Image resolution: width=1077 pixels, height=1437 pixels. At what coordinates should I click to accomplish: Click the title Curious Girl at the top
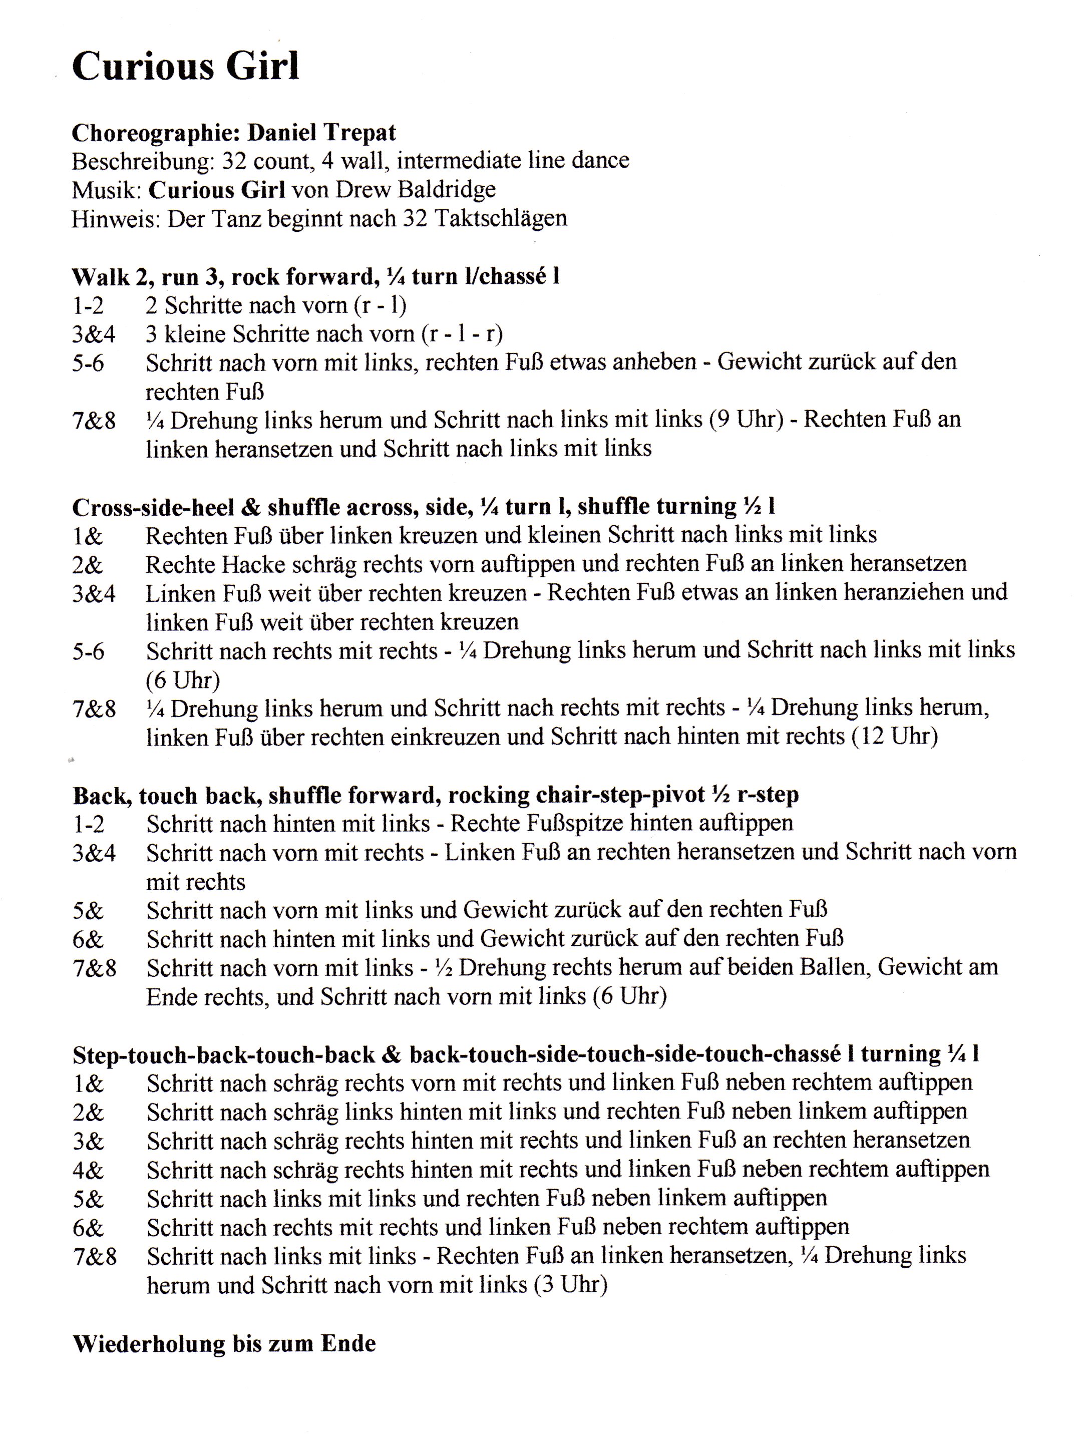click(x=186, y=66)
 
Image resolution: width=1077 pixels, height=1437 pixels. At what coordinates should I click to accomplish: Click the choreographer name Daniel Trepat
click(x=321, y=133)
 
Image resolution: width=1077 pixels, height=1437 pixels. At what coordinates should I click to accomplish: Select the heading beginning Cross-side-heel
click(x=423, y=506)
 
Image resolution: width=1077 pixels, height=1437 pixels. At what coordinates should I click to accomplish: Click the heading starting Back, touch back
click(x=435, y=795)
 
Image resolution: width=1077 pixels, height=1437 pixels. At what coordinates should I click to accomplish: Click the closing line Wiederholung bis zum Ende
click(x=224, y=1343)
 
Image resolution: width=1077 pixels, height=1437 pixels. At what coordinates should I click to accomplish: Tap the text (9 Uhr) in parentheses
click(x=745, y=420)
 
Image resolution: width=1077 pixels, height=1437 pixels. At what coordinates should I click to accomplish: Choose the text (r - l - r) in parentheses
click(x=462, y=334)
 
